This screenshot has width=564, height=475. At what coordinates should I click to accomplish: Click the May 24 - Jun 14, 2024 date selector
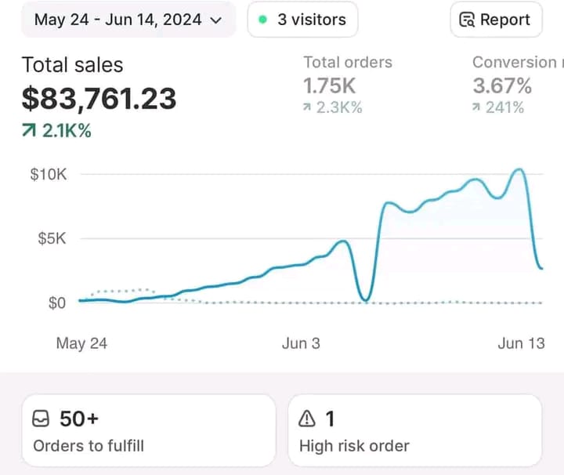coord(128,20)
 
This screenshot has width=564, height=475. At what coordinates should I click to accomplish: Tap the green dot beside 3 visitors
coord(263,20)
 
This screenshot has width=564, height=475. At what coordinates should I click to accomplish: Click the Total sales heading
coord(72,65)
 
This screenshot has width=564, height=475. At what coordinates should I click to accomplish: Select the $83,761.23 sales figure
coord(99,99)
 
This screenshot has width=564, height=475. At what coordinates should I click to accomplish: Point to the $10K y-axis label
coord(49,174)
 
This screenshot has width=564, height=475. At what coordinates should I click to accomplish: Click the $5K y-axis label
coord(52,238)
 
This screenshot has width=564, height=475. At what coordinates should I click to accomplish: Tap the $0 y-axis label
coord(57,303)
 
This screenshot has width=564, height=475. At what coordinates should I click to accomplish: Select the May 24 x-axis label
coord(81,343)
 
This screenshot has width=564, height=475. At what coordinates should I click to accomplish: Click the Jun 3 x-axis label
coord(301,343)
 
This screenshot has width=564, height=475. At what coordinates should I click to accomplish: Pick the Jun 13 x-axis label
coord(520,343)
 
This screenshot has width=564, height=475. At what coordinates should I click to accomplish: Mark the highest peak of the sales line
coord(518,169)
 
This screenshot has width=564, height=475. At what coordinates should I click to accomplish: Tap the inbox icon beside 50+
coord(41,419)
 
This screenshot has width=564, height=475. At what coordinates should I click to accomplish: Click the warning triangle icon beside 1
coord(307,419)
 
